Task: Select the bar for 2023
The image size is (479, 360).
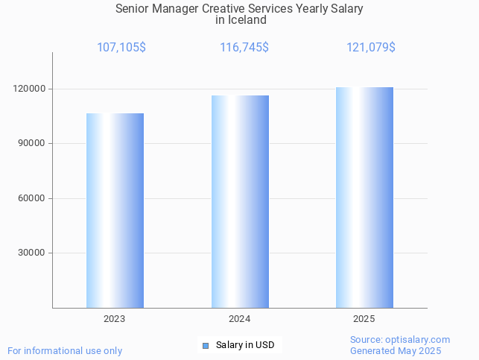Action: [x=115, y=210]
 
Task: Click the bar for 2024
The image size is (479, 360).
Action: [x=240, y=201]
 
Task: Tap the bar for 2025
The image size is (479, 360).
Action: [x=364, y=198]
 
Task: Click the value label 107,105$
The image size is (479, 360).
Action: [x=121, y=48]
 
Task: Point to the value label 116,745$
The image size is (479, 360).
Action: [x=244, y=48]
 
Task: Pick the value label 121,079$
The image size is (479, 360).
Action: [x=371, y=48]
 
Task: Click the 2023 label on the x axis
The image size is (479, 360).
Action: [x=115, y=319]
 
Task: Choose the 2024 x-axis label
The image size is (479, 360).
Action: [x=240, y=319]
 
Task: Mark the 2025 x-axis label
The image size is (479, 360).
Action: [x=364, y=319]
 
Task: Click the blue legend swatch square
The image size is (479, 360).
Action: [x=206, y=345]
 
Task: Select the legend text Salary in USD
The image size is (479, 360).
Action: [x=245, y=345]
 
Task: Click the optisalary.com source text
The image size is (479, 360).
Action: [x=400, y=339]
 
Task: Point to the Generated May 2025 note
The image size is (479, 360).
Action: [x=396, y=350]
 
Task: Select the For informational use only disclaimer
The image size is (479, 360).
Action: [x=65, y=350]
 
